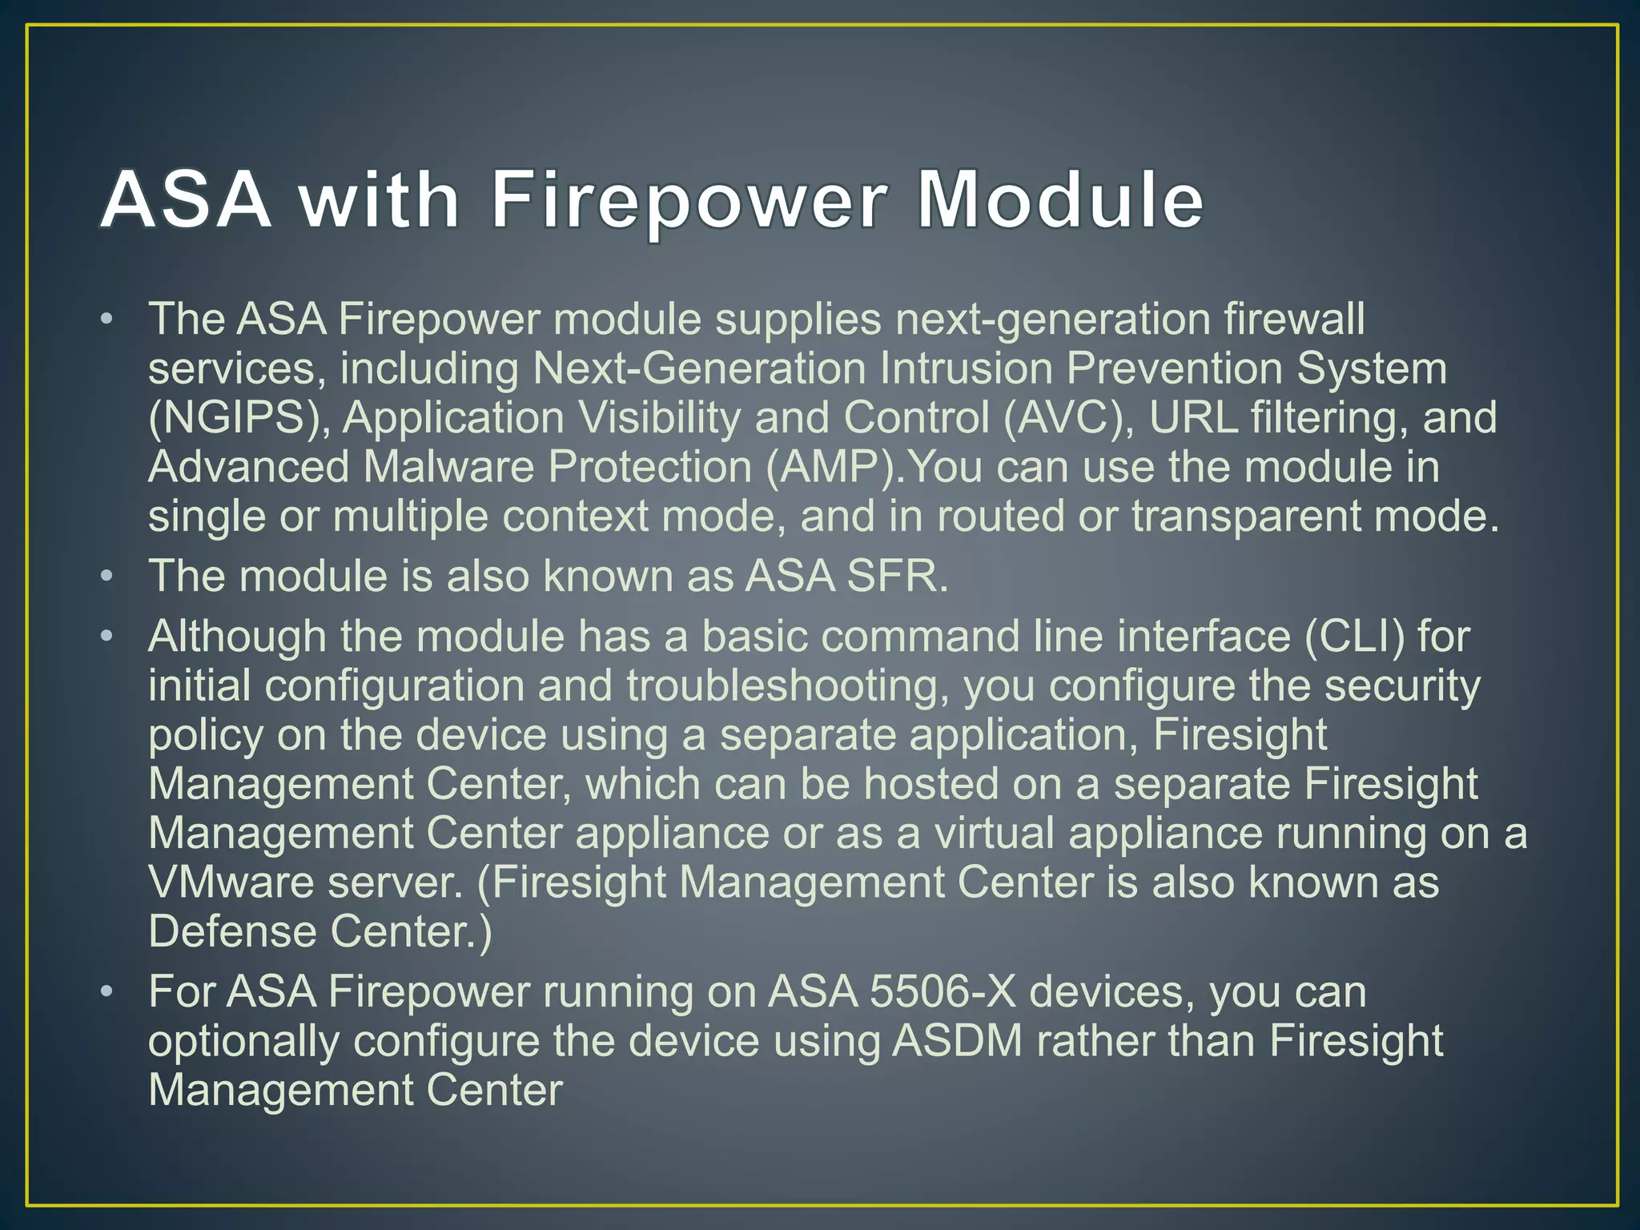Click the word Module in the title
pyautogui.click(x=1059, y=199)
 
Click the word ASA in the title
pyautogui.click(x=185, y=199)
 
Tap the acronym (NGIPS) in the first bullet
pyautogui.click(x=238, y=419)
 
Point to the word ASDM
pyautogui.click(x=957, y=1041)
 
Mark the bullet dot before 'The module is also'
pyautogui.click(x=107, y=577)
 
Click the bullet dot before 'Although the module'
pyautogui.click(x=107, y=637)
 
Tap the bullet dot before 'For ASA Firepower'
pyautogui.click(x=107, y=992)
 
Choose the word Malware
pyautogui.click(x=448, y=468)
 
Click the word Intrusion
pyautogui.click(x=965, y=369)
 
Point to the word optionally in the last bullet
pyautogui.click(x=243, y=1043)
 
